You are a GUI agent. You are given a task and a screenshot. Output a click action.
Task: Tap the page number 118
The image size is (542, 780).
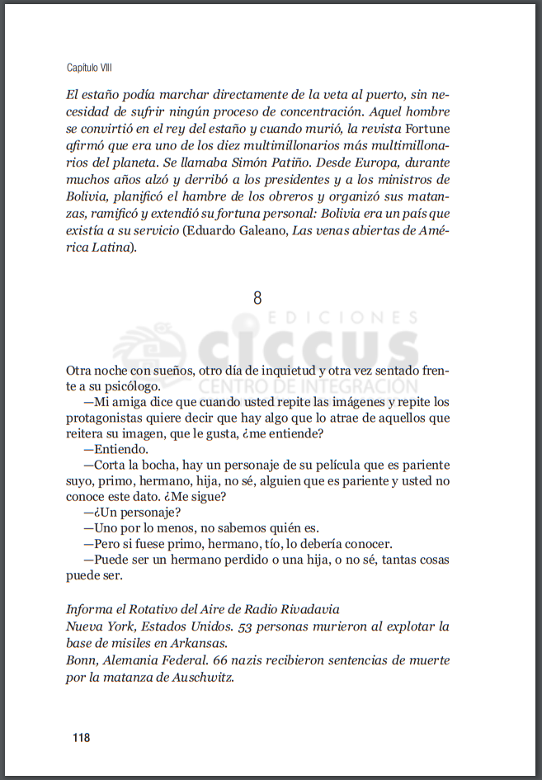tap(81, 737)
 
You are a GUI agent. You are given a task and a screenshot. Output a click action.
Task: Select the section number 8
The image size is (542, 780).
tap(257, 298)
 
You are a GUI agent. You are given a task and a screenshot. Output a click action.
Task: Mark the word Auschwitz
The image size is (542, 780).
tap(201, 678)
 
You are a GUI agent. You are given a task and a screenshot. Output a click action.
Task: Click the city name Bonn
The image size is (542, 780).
tap(80, 660)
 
